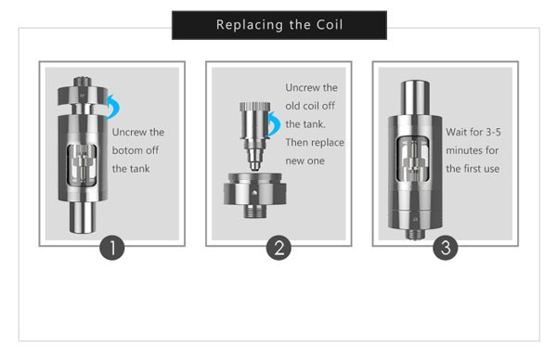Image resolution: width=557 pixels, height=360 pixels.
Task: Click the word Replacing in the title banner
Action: point(249,25)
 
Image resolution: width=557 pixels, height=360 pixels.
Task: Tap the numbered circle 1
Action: point(112,248)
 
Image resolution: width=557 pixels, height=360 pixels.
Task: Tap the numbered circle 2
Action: point(278,248)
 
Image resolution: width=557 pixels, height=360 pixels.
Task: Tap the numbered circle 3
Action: point(446,248)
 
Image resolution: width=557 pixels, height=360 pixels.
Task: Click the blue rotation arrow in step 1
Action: point(115,106)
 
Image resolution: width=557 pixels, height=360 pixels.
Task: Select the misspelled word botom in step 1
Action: point(125,150)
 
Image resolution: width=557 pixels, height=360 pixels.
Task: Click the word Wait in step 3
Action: point(456,132)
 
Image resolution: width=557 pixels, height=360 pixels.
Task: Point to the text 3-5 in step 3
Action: point(494,132)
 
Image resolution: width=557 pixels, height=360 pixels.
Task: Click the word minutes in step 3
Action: point(462,150)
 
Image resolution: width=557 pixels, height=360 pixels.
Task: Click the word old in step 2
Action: point(291,106)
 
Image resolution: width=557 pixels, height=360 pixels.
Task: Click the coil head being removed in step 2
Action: point(254,135)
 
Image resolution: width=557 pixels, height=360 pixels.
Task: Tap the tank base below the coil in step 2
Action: point(254,195)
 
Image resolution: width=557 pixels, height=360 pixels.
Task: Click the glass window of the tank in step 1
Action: point(82,165)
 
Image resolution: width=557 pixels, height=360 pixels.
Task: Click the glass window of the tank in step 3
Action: point(413,159)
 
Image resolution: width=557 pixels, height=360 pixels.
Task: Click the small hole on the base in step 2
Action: point(254,193)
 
